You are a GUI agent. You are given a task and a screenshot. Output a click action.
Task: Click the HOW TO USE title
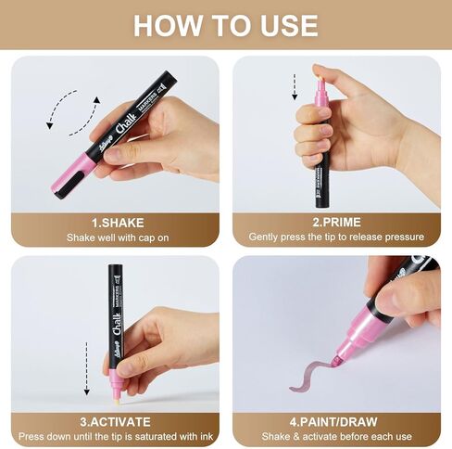point(226,24)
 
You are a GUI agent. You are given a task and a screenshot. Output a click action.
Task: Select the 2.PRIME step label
point(335,223)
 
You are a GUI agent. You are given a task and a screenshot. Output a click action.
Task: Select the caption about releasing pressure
point(335,237)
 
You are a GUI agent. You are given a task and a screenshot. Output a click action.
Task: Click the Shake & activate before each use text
point(335,435)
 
